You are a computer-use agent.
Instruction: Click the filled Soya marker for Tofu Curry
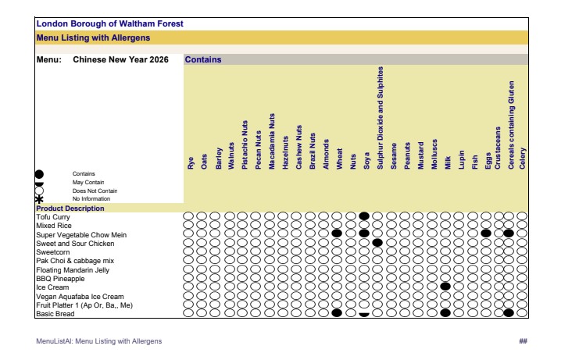point(363,216)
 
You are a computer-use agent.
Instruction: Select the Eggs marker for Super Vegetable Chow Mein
point(486,233)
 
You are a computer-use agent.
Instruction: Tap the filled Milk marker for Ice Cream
point(445,287)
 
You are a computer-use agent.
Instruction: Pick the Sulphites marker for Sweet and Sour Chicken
point(377,243)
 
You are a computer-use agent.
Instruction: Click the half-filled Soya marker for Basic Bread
point(363,313)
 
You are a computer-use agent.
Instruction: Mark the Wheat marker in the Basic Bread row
point(337,313)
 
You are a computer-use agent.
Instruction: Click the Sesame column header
point(394,155)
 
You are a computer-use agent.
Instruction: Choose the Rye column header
point(190,162)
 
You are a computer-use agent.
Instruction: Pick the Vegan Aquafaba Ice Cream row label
point(80,296)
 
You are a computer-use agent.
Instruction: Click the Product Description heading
point(70,209)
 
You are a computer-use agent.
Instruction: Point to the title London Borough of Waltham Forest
point(109,24)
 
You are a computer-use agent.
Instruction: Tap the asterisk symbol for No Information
point(40,199)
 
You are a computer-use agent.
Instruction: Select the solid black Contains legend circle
point(40,174)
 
